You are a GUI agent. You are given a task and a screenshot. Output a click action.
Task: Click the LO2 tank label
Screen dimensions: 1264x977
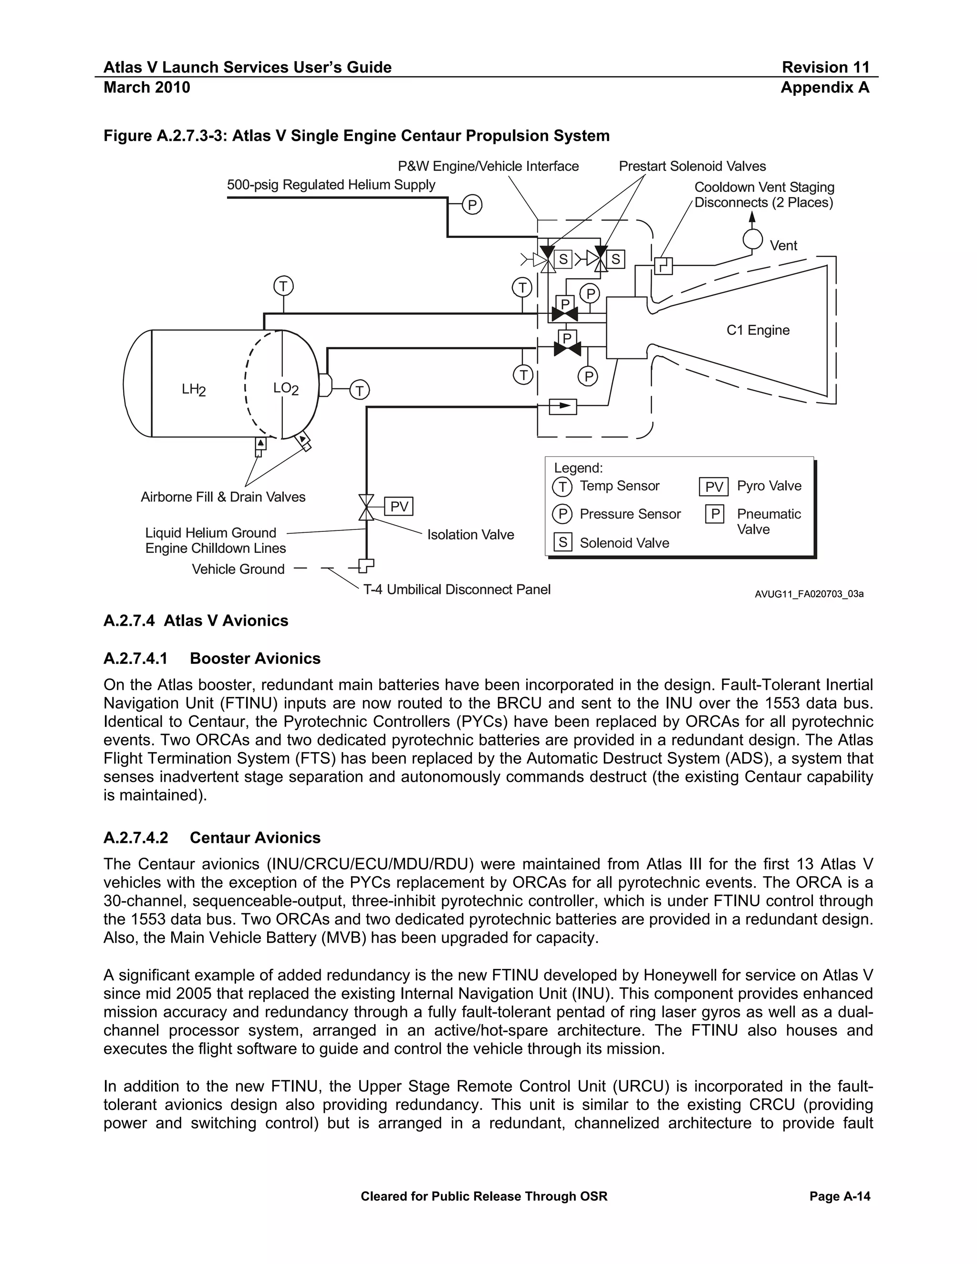285,388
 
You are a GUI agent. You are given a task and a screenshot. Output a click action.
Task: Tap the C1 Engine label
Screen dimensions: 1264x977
758,331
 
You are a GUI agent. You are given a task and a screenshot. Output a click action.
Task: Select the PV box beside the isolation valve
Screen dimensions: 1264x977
399,507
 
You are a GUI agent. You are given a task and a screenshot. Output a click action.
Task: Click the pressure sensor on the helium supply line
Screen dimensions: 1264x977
472,205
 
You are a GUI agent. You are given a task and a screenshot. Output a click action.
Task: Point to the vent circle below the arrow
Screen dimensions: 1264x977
752,238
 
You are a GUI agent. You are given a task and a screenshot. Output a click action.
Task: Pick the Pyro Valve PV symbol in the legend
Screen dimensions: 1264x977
713,487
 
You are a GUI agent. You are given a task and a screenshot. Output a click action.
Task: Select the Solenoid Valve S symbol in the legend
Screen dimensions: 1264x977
562,543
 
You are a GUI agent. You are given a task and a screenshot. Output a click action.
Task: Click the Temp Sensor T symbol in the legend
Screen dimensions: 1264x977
562,486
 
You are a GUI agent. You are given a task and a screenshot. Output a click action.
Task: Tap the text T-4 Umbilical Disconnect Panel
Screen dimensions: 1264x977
457,590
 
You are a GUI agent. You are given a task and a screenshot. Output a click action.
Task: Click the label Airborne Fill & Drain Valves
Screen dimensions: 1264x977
223,497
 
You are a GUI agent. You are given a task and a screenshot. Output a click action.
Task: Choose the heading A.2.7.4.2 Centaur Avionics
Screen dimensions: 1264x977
212,838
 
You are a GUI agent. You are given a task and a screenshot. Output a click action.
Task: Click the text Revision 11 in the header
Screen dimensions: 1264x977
825,68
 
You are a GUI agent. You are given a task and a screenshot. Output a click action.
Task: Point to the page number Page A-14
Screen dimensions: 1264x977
839,1196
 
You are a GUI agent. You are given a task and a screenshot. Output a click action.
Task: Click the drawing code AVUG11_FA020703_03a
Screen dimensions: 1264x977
809,594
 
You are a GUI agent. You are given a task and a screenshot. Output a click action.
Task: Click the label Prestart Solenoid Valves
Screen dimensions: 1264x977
692,166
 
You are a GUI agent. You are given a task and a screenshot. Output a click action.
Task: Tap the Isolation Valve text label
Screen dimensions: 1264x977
470,535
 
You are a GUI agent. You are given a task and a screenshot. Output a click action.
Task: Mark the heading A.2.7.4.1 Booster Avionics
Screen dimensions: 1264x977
212,659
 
